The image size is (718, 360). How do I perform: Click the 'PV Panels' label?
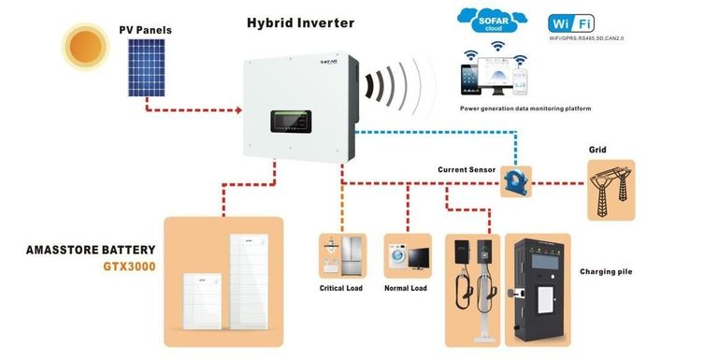point(145,30)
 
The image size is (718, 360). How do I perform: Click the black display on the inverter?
point(300,122)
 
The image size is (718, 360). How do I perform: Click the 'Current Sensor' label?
point(467,170)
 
